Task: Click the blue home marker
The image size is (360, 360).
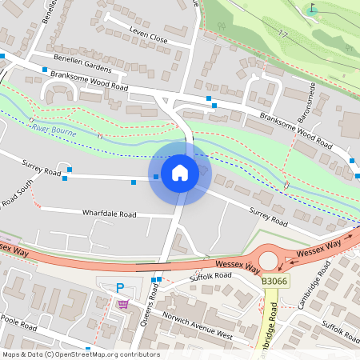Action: [x=180, y=172]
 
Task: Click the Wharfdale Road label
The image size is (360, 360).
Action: [x=110, y=214]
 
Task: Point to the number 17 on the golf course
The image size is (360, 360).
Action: [x=283, y=33]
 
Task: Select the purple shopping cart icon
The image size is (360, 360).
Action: [x=122, y=303]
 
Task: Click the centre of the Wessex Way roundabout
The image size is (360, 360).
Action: [x=268, y=261]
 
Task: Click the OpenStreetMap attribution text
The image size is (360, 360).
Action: [x=81, y=354]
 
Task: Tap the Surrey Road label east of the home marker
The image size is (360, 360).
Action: [x=267, y=217]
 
